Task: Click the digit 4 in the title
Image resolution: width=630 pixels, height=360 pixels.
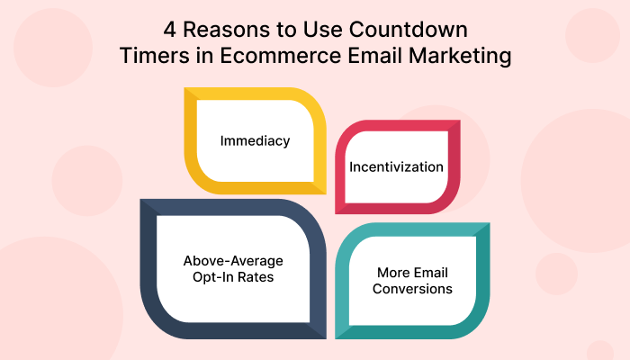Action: tap(169, 30)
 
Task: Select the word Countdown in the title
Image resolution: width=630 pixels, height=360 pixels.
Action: tap(409, 30)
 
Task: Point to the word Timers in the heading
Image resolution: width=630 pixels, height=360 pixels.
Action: tap(155, 56)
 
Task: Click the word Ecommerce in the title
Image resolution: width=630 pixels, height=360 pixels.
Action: tap(281, 56)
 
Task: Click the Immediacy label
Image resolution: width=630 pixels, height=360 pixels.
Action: tap(255, 141)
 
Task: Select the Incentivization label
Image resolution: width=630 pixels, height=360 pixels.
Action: tap(396, 166)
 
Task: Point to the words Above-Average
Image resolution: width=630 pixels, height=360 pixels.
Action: tap(233, 261)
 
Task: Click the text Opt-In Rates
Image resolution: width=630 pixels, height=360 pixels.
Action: tap(233, 277)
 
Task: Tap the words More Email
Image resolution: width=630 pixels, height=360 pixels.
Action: tap(412, 273)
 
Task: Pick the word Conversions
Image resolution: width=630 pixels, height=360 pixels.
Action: tap(412, 289)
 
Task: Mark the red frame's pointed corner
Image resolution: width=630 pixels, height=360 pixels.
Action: tap(460, 120)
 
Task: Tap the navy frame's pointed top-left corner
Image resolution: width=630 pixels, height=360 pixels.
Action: tap(140, 200)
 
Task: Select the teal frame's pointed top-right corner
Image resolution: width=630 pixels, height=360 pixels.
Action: tap(490, 223)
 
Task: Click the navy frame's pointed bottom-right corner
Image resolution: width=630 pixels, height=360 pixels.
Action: tap(326, 338)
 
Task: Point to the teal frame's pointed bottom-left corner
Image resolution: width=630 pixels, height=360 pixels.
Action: tap(336, 338)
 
